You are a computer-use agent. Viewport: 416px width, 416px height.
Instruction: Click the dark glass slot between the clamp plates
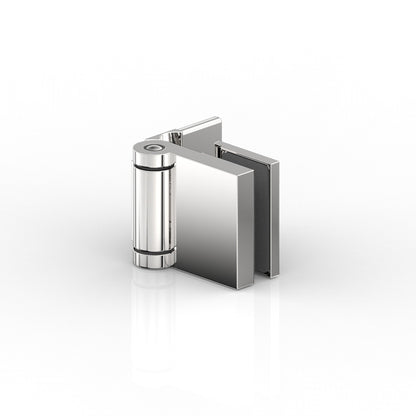pos(262,210)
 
